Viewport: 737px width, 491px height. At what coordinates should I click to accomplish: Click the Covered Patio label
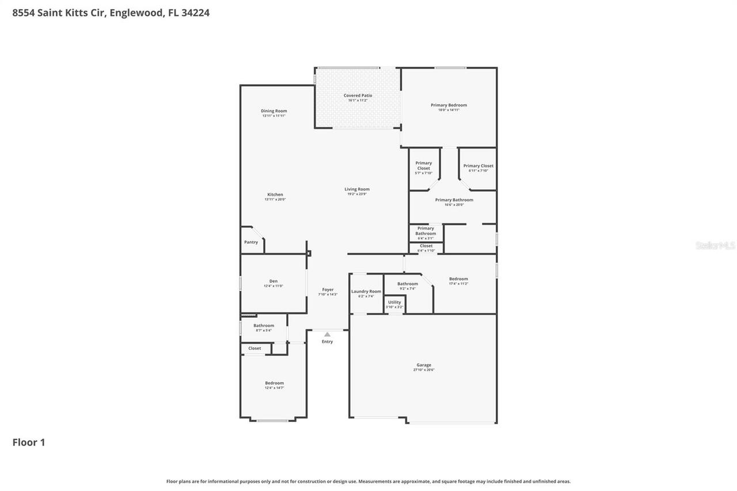point(358,96)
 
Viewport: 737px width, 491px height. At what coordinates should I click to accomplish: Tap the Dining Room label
point(273,111)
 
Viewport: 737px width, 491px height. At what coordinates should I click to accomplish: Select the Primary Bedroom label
point(449,105)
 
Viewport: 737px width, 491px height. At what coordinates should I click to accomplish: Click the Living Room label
point(357,189)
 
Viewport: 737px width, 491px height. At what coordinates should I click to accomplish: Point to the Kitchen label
point(275,195)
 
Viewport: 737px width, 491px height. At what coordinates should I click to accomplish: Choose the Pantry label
point(251,242)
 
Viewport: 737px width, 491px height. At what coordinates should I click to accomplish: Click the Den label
point(273,281)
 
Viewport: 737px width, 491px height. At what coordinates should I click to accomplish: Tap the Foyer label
point(328,290)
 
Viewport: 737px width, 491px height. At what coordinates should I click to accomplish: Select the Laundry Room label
point(366,292)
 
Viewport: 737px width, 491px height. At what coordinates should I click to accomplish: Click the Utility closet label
point(394,302)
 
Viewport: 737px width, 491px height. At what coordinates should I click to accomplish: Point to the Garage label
point(424,365)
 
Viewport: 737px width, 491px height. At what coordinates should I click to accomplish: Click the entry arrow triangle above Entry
point(327,334)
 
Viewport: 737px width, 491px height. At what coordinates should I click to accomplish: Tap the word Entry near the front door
point(327,342)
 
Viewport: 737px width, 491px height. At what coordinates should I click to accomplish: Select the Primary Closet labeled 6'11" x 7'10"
point(478,166)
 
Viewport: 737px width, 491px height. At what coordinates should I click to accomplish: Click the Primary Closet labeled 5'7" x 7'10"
point(423,166)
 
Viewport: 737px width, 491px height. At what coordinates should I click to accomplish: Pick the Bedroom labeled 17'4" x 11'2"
point(458,279)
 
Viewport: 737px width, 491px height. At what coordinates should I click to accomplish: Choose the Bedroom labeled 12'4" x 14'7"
point(274,383)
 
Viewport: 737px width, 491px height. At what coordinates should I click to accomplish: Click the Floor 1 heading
point(29,443)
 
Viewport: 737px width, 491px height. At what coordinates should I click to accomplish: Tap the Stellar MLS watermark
point(715,246)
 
